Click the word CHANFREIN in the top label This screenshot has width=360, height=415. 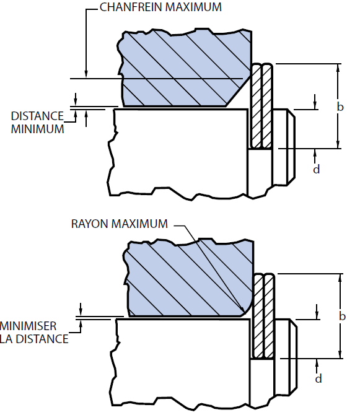pyautogui.click(x=131, y=7)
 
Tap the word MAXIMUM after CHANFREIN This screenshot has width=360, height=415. pyautogui.click(x=193, y=7)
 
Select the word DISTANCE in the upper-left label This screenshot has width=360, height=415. pyautogui.click(x=37, y=116)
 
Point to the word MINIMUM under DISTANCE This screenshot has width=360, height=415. pyautogui.click(x=37, y=129)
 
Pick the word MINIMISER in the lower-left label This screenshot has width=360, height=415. pyautogui.click(x=28, y=326)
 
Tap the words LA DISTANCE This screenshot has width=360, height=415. pyautogui.click(x=34, y=339)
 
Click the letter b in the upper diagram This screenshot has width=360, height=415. pyautogui.click(x=340, y=107)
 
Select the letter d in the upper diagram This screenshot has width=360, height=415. pyautogui.click(x=317, y=169)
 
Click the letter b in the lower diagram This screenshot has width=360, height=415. pyautogui.click(x=342, y=316)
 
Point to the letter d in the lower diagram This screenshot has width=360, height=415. pyautogui.click(x=318, y=378)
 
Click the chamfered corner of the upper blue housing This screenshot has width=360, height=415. pyautogui.click(x=238, y=92)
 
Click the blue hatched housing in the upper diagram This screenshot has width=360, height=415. pyautogui.click(x=185, y=68)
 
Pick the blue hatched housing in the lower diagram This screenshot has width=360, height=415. pyautogui.click(x=189, y=278)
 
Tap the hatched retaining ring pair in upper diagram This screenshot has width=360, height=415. pyautogui.click(x=261, y=106)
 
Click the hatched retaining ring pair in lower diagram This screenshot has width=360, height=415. pyautogui.click(x=263, y=316)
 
